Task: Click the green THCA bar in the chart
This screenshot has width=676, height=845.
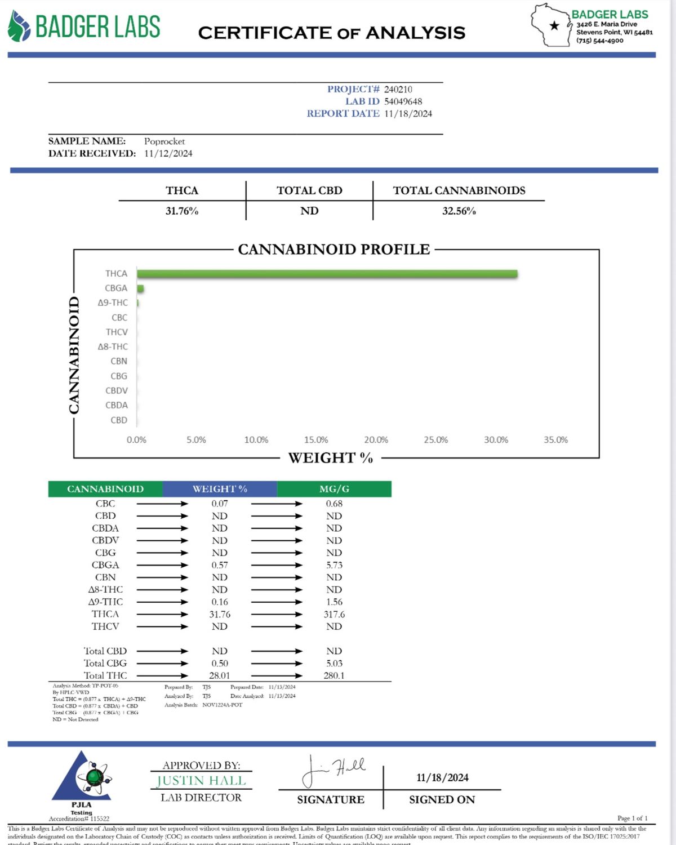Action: click(327, 274)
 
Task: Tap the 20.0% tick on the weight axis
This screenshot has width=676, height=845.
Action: click(376, 440)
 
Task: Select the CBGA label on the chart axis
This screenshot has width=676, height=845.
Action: click(116, 288)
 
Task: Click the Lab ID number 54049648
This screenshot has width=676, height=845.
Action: click(403, 101)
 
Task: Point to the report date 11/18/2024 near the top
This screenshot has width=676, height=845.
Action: click(408, 114)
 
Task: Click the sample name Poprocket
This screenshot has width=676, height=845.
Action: click(164, 141)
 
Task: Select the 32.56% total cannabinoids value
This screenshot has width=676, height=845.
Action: click(459, 211)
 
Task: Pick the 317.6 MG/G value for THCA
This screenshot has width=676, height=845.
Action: click(334, 615)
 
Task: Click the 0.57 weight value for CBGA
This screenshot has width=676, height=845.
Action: click(220, 565)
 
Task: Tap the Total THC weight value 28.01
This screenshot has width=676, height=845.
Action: click(220, 675)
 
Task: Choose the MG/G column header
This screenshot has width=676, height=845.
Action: click(334, 489)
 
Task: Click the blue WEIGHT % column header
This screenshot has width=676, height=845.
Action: click(220, 489)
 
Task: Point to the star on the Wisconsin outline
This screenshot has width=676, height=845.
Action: click(554, 25)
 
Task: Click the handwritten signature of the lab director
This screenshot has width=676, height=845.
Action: click(333, 771)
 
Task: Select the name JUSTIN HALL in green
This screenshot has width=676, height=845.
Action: click(201, 781)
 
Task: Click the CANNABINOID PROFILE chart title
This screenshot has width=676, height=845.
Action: click(333, 250)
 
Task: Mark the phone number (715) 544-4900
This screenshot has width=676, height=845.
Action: click(599, 41)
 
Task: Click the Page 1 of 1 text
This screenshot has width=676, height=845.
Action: click(632, 818)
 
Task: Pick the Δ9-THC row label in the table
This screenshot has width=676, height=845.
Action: click(105, 602)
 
